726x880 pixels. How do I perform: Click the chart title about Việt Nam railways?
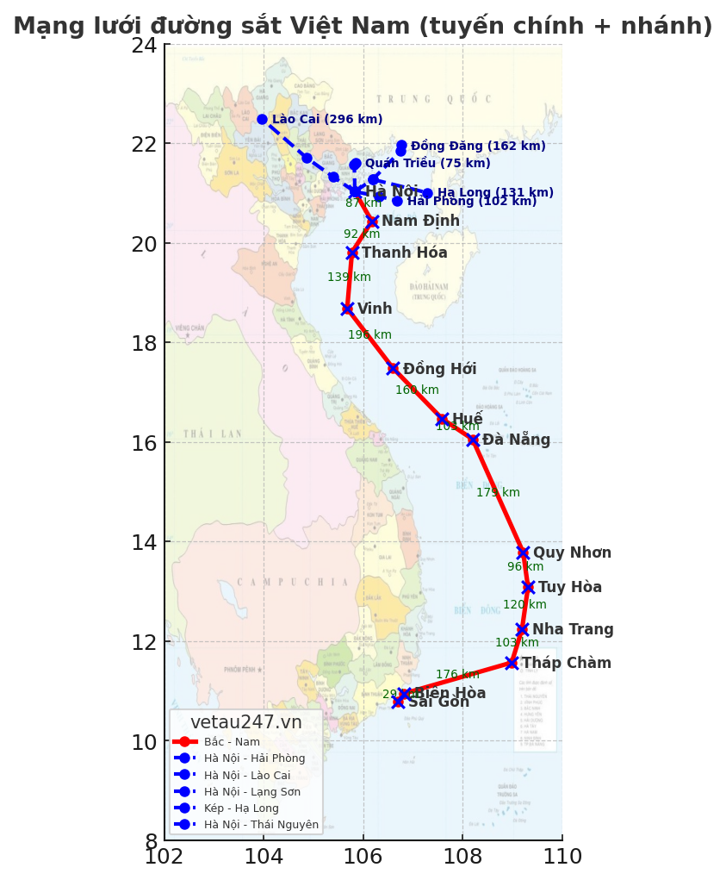click(x=363, y=27)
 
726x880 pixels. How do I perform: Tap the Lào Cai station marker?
click(x=262, y=119)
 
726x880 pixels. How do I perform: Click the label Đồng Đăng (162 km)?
click(x=477, y=147)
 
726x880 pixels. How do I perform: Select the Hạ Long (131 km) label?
click(x=495, y=193)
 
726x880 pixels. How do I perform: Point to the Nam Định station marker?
click(x=372, y=222)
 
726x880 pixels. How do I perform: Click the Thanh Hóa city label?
click(x=404, y=253)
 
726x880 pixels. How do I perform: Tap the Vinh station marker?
click(x=347, y=309)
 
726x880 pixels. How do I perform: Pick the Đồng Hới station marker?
click(x=394, y=369)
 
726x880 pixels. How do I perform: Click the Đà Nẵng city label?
click(x=516, y=440)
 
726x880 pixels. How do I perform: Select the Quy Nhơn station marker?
click(x=523, y=552)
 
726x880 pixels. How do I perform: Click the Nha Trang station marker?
click(x=522, y=630)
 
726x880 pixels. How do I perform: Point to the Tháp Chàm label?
click(x=566, y=664)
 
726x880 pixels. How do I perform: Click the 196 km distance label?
click(x=369, y=335)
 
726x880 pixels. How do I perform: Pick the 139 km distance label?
click(x=349, y=278)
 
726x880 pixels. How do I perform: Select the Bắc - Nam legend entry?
click(x=232, y=742)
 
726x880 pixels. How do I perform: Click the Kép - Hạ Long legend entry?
click(x=241, y=808)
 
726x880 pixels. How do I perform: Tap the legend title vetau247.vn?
click(x=245, y=723)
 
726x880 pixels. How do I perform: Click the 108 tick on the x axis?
click(x=462, y=857)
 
